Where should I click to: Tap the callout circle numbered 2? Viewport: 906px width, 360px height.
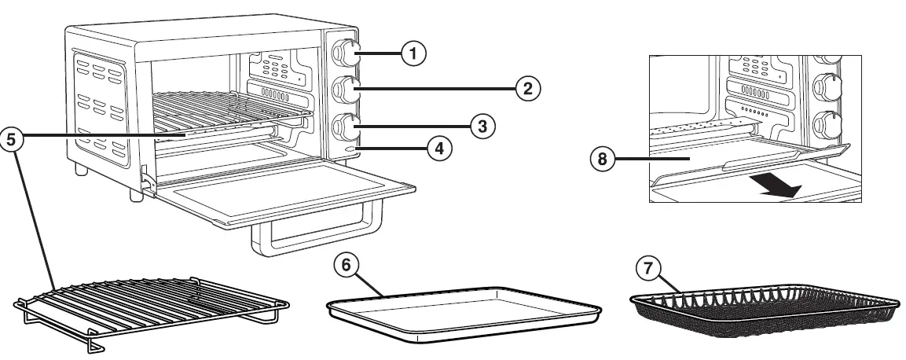(527, 88)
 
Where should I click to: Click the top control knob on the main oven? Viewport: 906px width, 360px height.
(346, 53)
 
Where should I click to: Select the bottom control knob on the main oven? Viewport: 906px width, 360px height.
(346, 124)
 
